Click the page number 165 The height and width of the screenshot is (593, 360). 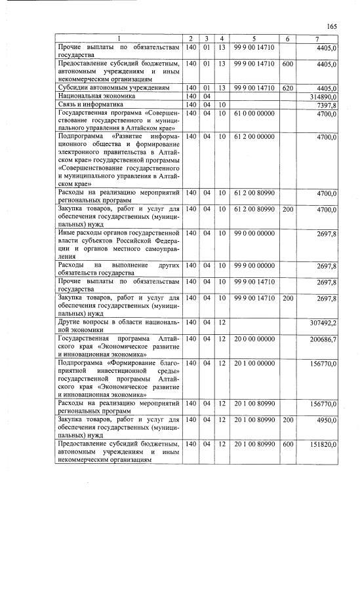[331, 26]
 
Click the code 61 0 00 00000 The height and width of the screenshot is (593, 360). [252, 113]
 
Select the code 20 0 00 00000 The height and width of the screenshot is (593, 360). [252, 339]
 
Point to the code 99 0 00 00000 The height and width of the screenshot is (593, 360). [252, 233]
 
